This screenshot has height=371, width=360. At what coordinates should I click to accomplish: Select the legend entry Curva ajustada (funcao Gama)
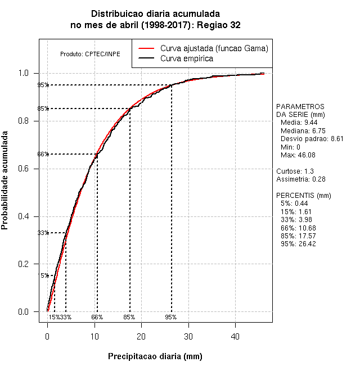(x=214, y=48)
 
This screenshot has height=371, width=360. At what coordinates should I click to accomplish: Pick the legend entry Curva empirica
(x=186, y=58)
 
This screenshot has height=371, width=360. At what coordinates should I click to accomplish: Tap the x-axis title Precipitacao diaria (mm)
(x=155, y=356)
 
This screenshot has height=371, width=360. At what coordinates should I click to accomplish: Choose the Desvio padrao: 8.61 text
(x=312, y=138)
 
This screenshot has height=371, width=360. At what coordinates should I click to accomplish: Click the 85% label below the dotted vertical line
(x=129, y=317)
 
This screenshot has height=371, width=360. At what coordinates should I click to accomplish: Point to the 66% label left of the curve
(x=43, y=154)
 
